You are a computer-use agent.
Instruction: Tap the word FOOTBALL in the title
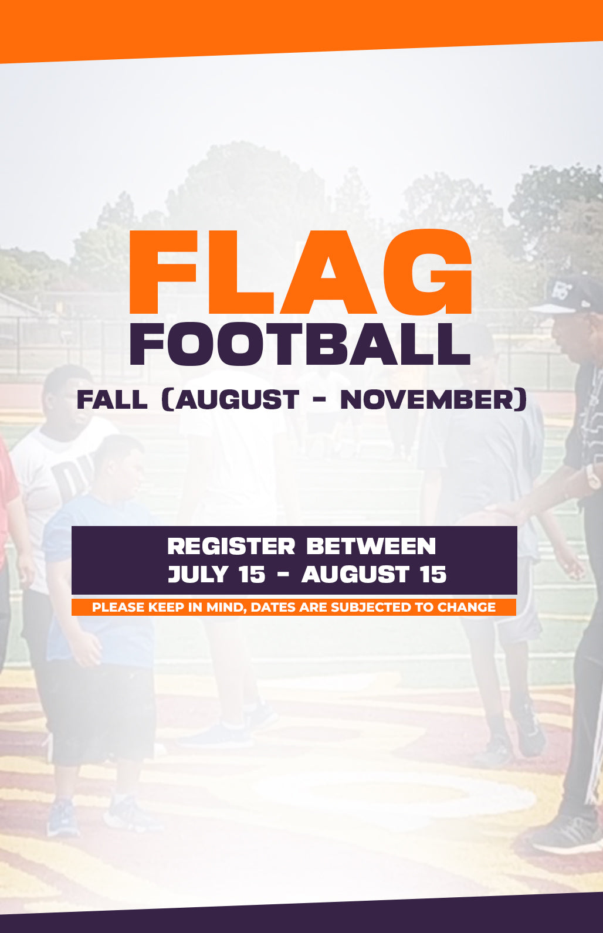tap(300, 344)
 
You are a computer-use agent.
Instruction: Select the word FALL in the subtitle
tap(112, 399)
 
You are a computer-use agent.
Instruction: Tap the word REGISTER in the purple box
tap(231, 546)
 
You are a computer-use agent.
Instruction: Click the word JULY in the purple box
tap(198, 574)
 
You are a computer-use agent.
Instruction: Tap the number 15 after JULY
tap(252, 574)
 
